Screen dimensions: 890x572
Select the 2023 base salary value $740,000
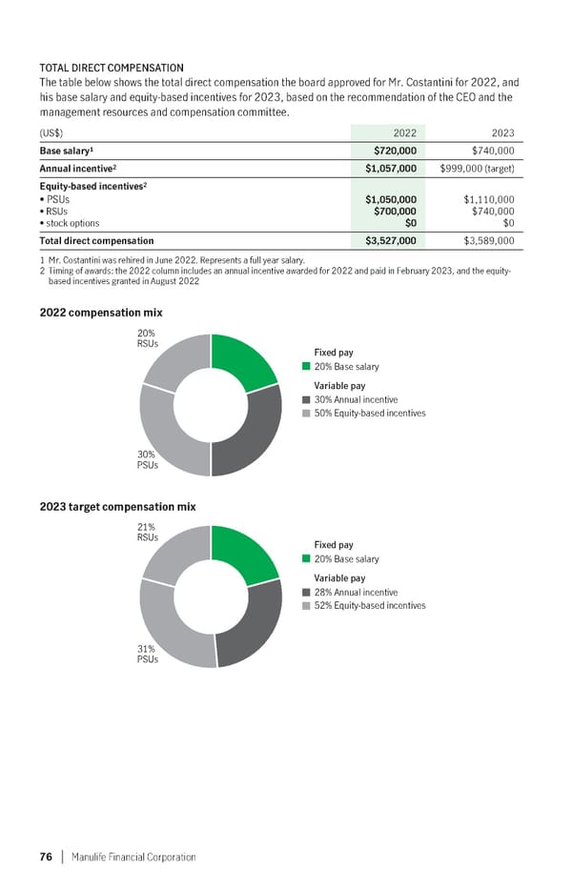coord(493,151)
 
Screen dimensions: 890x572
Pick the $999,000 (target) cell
coord(478,169)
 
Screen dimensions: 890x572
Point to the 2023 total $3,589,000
coord(488,241)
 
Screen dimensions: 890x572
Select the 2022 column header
coord(405,132)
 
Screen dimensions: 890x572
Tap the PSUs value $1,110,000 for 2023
coord(488,199)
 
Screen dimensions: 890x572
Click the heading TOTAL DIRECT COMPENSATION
coord(112,68)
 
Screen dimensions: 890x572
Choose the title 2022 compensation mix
coord(100,313)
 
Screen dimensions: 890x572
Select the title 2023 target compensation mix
coord(117,506)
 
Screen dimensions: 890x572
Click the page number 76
coord(45,857)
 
